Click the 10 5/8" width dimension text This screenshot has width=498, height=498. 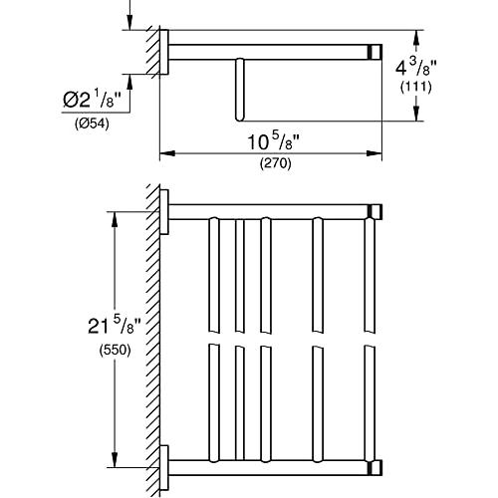click(274, 142)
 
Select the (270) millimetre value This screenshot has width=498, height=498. click(275, 163)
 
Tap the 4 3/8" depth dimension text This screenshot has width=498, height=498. click(416, 68)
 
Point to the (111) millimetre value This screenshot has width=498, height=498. click(415, 87)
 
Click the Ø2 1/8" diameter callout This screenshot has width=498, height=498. click(92, 100)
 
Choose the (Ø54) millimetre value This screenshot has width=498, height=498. click(92, 124)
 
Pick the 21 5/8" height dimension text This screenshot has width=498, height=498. click(115, 326)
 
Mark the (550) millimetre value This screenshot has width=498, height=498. click(115, 350)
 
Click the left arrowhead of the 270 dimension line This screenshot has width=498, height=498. click(167, 153)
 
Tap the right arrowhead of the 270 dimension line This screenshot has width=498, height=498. click(374, 153)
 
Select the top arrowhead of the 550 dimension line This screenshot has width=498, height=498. click(115, 219)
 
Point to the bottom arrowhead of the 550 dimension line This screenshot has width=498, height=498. click(115, 460)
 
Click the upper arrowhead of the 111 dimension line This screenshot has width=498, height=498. click(416, 38)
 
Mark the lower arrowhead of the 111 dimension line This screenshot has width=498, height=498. click(416, 114)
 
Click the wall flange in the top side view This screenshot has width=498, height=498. click(164, 52)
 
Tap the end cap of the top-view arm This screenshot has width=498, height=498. click(374, 52)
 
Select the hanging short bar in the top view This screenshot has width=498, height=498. click(239, 90)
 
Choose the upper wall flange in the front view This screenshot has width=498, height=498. click(164, 212)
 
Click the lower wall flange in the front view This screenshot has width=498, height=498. click(164, 468)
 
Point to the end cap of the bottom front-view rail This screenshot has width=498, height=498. click(374, 468)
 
